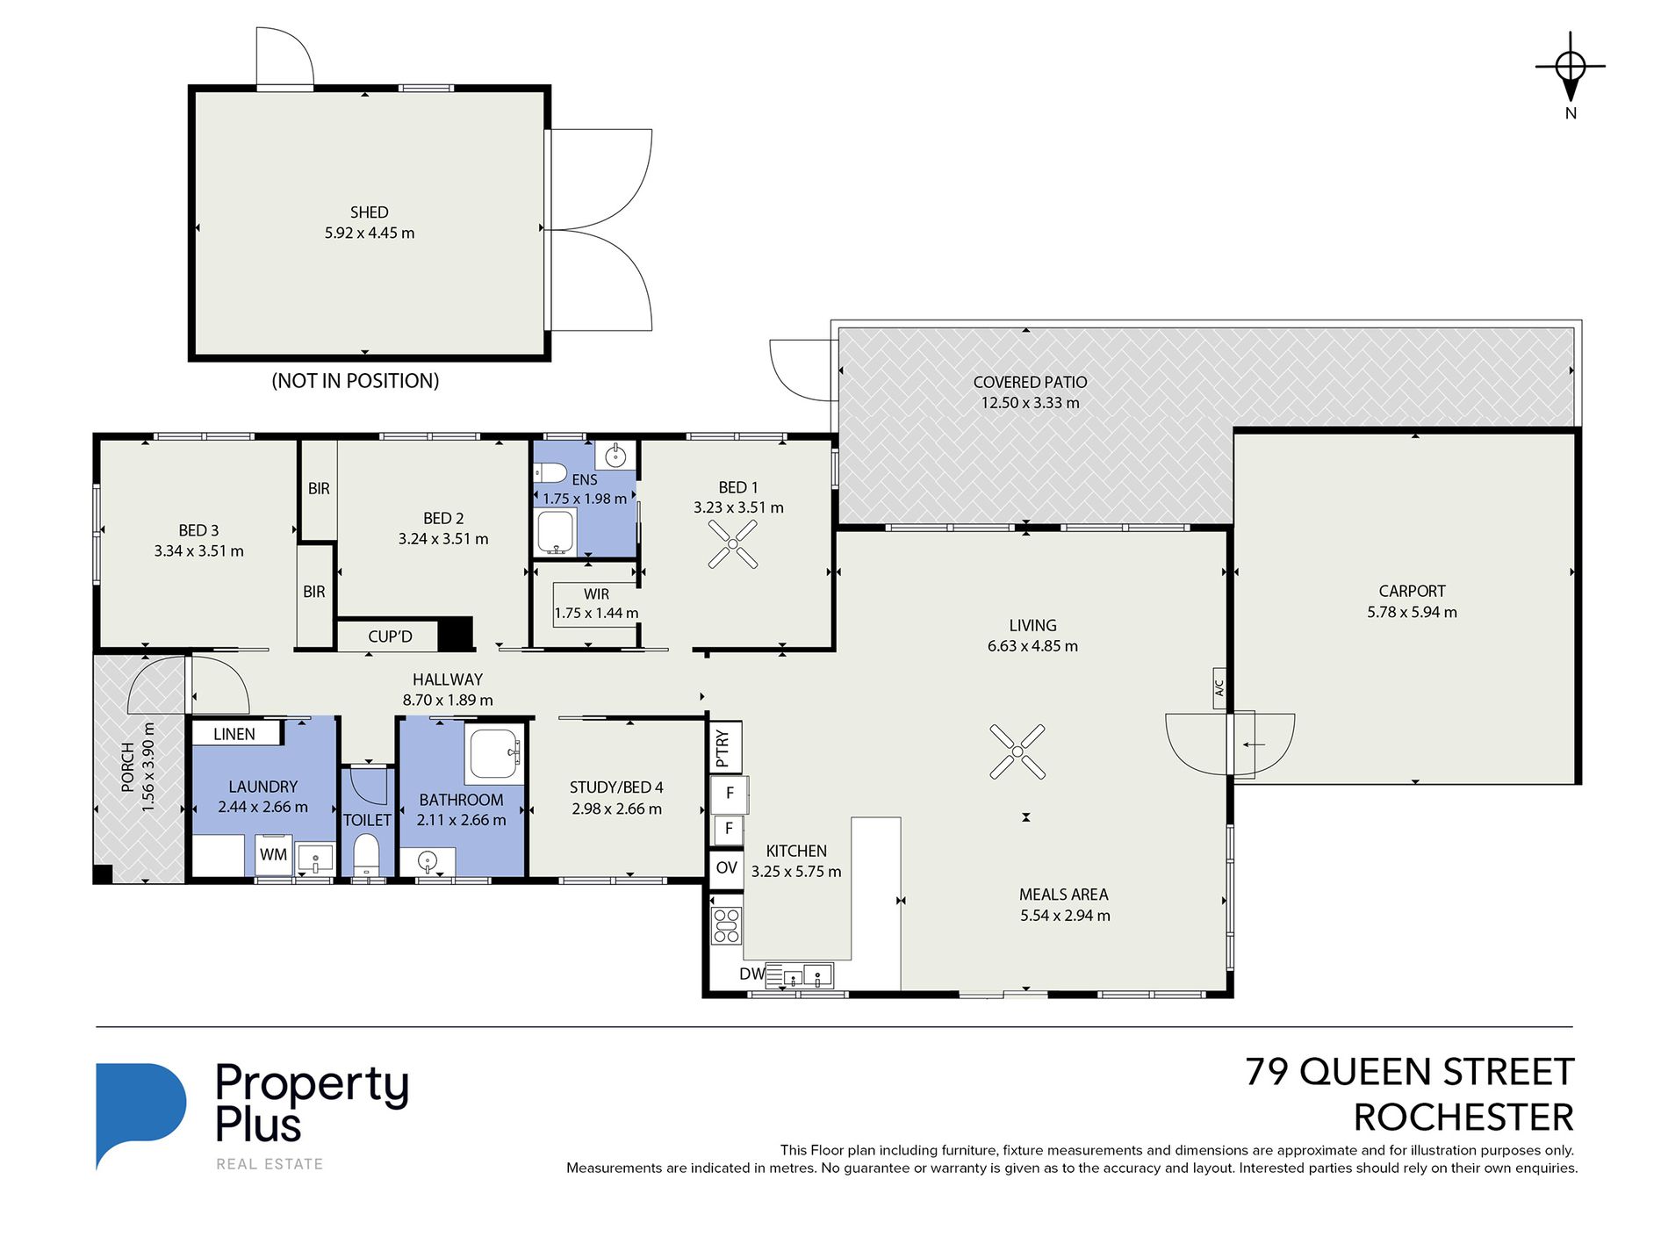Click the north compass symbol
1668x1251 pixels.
pos(1571,67)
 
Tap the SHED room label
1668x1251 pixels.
pos(369,212)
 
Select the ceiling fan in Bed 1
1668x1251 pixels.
pos(733,544)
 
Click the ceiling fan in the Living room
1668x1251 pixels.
pos(1017,751)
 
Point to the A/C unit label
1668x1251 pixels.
pos(1219,688)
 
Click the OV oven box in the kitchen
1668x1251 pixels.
pos(726,868)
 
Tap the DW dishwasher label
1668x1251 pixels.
pos(751,974)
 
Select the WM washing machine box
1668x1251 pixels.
pos(273,854)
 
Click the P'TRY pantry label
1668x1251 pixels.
pos(723,748)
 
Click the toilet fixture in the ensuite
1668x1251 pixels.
pos(550,474)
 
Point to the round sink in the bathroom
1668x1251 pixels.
pos(428,860)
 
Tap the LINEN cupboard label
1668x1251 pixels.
pos(234,734)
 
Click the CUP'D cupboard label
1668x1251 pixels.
pos(390,636)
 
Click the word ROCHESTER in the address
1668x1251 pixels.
pos(1463,1118)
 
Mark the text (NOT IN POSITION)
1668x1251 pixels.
pos(356,381)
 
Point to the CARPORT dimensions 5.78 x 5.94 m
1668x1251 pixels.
pos(1412,612)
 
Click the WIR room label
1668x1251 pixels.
pos(596,594)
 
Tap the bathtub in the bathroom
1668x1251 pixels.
pos(496,753)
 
